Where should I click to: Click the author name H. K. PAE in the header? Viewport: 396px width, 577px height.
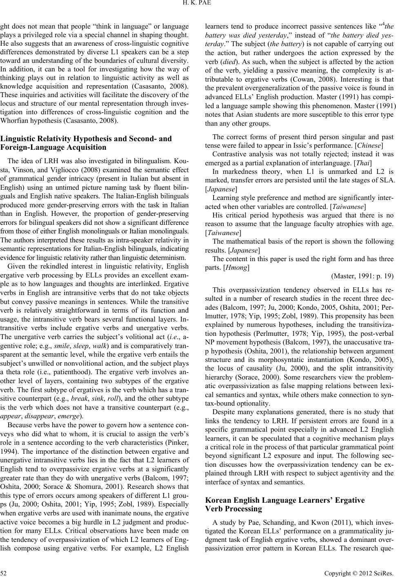(x=198, y=4)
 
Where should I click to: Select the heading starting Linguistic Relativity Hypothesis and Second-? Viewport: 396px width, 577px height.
(x=87, y=139)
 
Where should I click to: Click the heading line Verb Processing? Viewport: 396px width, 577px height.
(x=234, y=508)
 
